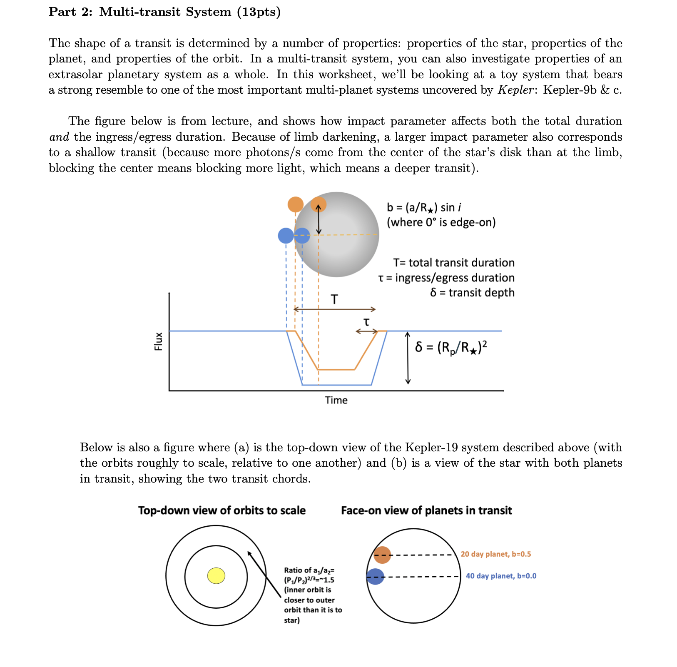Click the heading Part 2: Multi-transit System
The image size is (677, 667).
164,12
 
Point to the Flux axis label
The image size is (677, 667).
158,341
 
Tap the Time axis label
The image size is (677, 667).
336,401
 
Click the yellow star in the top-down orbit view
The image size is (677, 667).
217,576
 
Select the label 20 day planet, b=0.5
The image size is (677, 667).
495,554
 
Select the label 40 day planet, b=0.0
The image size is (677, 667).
501,576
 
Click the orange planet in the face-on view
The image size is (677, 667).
382,555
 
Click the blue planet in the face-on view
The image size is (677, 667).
375,577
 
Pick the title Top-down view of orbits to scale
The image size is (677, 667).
222,511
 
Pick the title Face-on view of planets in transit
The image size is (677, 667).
426,511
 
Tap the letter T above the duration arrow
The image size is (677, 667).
334,299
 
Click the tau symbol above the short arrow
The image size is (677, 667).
366,322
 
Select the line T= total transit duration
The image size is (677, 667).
453,263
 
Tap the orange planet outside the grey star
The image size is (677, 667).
296,204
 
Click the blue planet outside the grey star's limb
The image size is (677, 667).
286,236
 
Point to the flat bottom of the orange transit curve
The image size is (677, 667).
336,370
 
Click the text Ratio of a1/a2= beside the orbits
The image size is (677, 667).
309,570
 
